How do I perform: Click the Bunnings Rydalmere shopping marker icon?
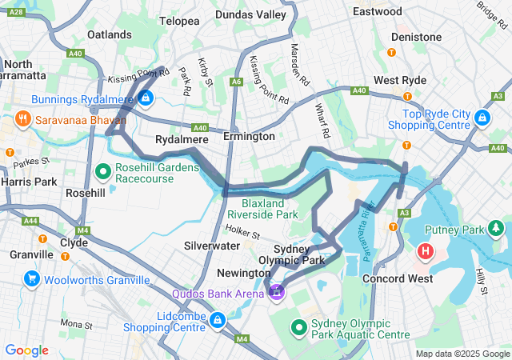(x=146, y=98)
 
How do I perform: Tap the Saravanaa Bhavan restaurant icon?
(x=22, y=120)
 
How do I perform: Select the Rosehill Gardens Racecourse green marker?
(x=103, y=170)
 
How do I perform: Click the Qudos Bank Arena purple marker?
(x=277, y=292)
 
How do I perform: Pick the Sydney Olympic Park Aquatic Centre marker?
(x=299, y=327)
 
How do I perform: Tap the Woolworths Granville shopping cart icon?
(x=32, y=279)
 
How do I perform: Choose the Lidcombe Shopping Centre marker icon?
(x=217, y=321)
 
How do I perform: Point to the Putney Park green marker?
(x=498, y=230)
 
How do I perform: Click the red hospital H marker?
(x=426, y=252)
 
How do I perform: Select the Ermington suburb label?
(x=249, y=137)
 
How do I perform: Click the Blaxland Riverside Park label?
(x=262, y=209)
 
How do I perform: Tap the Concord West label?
(x=398, y=278)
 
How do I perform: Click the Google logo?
(x=26, y=350)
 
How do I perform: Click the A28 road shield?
(x=14, y=13)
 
